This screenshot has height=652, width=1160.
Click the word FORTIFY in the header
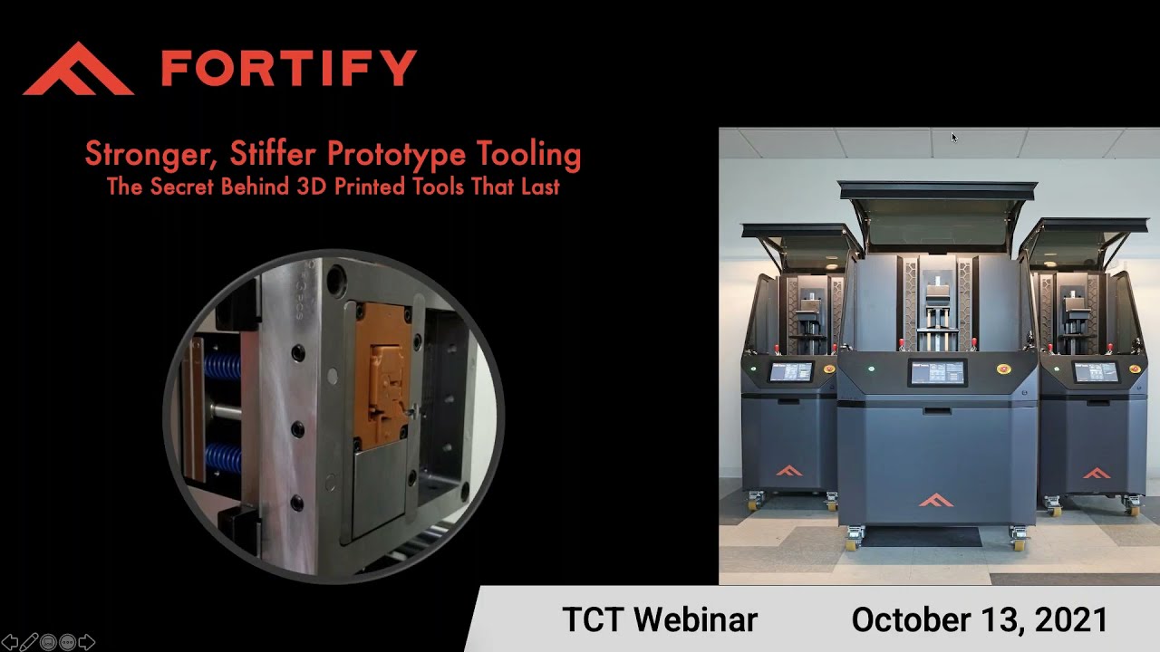coord(289,68)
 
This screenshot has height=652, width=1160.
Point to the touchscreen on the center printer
coord(937,372)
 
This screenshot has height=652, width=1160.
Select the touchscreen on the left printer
coord(790,371)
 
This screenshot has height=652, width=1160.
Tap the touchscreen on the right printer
coord(1095,372)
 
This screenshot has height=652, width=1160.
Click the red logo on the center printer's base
coord(936,500)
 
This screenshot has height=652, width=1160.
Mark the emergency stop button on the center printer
coord(1003,369)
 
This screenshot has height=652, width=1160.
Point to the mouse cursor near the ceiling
coord(953,137)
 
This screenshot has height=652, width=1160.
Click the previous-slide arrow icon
coord(10,643)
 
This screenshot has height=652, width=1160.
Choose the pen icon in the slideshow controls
coord(29,643)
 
